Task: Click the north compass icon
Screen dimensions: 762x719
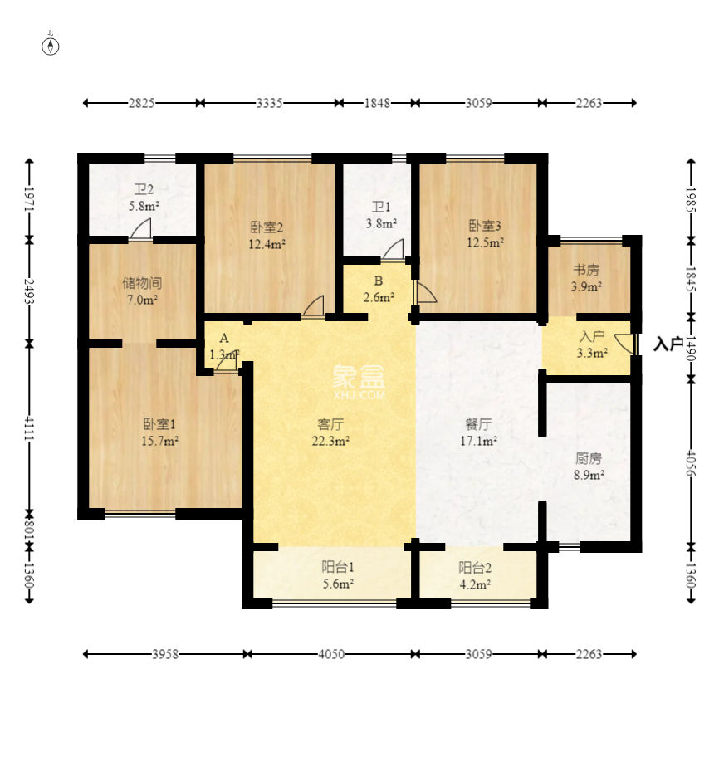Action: [51, 46]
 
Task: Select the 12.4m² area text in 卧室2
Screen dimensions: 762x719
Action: [267, 244]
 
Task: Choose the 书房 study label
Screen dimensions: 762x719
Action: [586, 270]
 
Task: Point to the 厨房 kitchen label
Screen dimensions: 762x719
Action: [588, 457]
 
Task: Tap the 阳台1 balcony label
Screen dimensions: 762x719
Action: [338, 568]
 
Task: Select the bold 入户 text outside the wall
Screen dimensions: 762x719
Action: [668, 344]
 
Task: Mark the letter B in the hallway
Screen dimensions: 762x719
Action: [378, 280]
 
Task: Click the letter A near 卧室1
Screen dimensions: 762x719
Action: [223, 339]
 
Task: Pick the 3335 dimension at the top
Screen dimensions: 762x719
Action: [269, 103]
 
